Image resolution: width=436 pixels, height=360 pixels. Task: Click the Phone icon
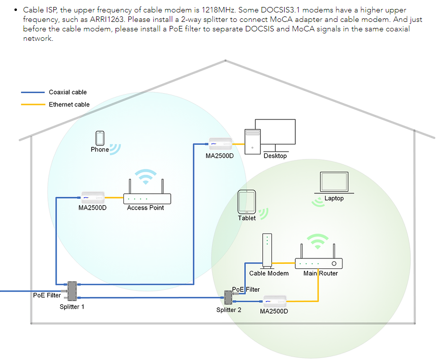coord(100,138)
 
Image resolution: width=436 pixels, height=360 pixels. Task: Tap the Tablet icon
coord(247,202)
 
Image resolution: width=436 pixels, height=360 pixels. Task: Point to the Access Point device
coord(147,198)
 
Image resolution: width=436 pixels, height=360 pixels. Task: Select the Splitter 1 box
coord(72,291)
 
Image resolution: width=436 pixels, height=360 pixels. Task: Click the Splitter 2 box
coord(229,298)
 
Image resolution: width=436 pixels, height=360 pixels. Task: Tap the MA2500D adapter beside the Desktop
coord(219,144)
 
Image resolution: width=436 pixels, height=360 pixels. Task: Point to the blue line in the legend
coord(33,92)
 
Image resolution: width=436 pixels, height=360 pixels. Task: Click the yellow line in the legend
coord(33,105)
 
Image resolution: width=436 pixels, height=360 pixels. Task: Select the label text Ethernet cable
coord(69,105)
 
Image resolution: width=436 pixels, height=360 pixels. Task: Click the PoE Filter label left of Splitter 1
coord(47,295)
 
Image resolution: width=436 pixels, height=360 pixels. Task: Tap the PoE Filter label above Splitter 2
coord(246,289)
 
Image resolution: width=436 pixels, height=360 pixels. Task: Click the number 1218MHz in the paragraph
coord(218,10)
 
